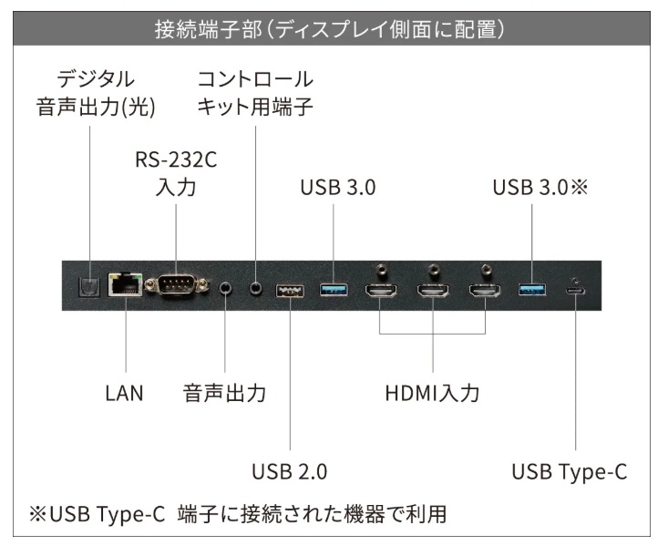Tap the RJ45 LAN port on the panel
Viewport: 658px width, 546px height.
[x=121, y=284]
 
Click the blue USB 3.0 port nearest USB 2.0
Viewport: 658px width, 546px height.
[x=333, y=291]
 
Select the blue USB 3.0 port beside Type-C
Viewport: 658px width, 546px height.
[x=530, y=291]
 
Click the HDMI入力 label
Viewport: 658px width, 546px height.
[x=431, y=395]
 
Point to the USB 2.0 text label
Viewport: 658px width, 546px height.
[x=289, y=472]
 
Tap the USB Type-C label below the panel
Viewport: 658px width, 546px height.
[x=570, y=472]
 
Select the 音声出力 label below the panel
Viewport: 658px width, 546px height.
[x=224, y=395]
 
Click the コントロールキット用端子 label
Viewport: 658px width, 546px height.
[x=255, y=93]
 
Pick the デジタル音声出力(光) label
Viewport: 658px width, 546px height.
[x=96, y=93]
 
